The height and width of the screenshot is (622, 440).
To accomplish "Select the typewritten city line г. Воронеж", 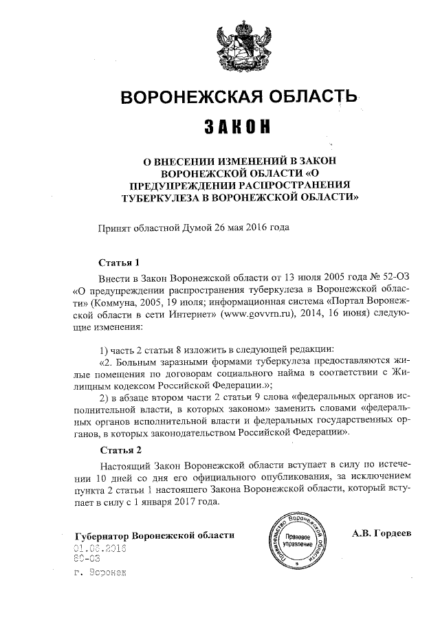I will point(100,572).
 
